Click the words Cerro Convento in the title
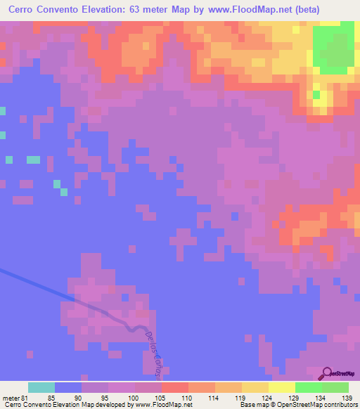coord(47,10)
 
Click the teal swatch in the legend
coord(41,387)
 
